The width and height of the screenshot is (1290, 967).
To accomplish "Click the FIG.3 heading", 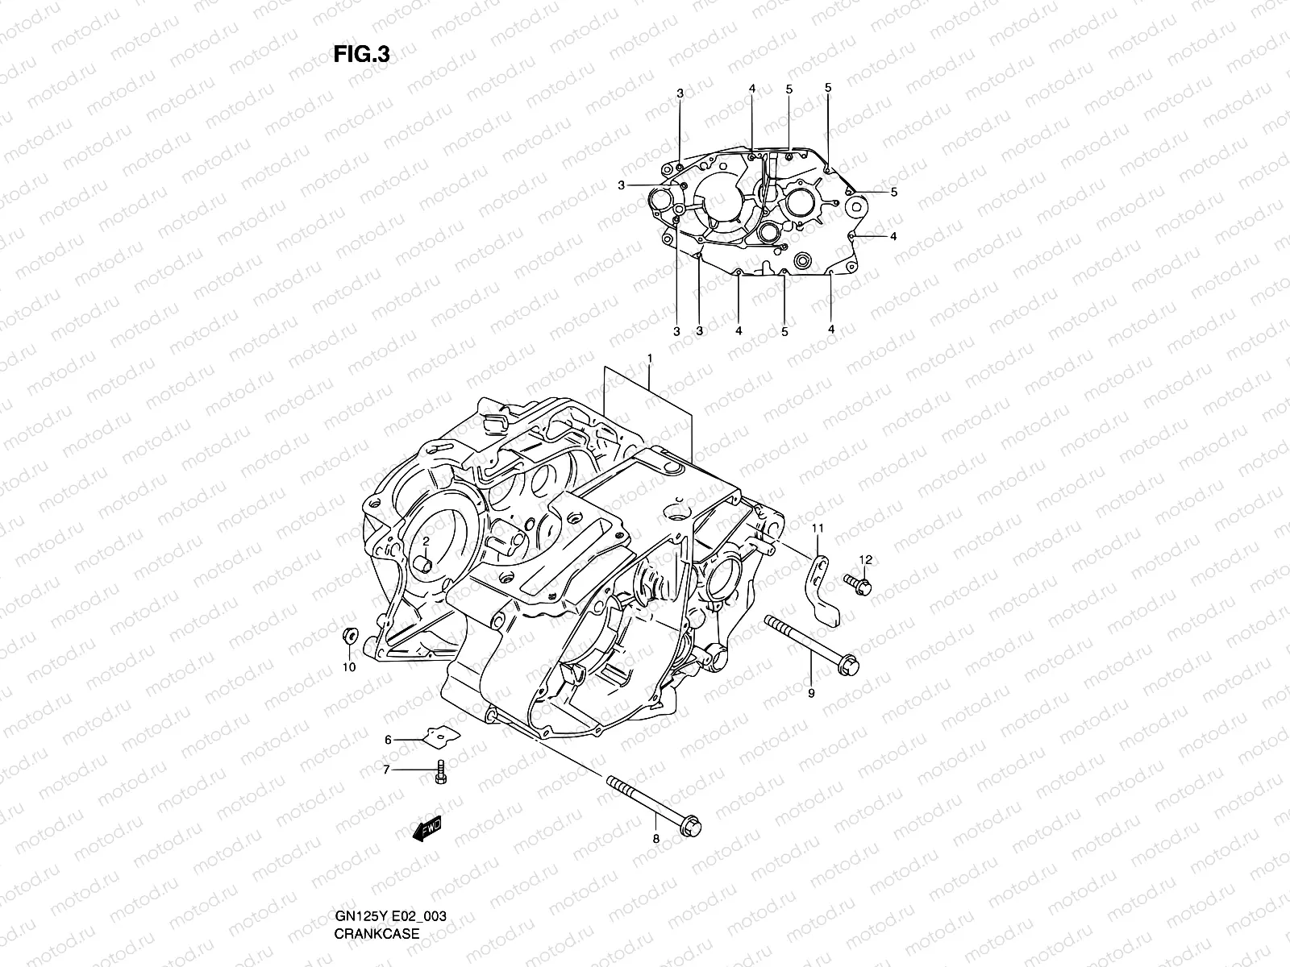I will coord(362,54).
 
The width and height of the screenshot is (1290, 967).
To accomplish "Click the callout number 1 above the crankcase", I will coord(649,357).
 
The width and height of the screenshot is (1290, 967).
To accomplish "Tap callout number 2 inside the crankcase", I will coord(427,541).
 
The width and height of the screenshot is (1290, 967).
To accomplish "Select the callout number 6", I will coord(388,739).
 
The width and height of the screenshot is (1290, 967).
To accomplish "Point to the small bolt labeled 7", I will coord(439,772).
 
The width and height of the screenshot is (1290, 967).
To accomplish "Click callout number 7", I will coord(386,770).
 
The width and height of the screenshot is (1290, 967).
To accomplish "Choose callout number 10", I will coord(348,667).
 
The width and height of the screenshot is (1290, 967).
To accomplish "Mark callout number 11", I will coord(817,529).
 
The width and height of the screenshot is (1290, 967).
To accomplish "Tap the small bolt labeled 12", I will coord(858,583).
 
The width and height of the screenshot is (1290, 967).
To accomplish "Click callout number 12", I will coord(865,559).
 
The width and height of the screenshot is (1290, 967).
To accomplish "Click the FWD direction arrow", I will coord(427,831).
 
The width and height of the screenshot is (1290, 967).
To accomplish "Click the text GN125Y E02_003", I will coord(391,917).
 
